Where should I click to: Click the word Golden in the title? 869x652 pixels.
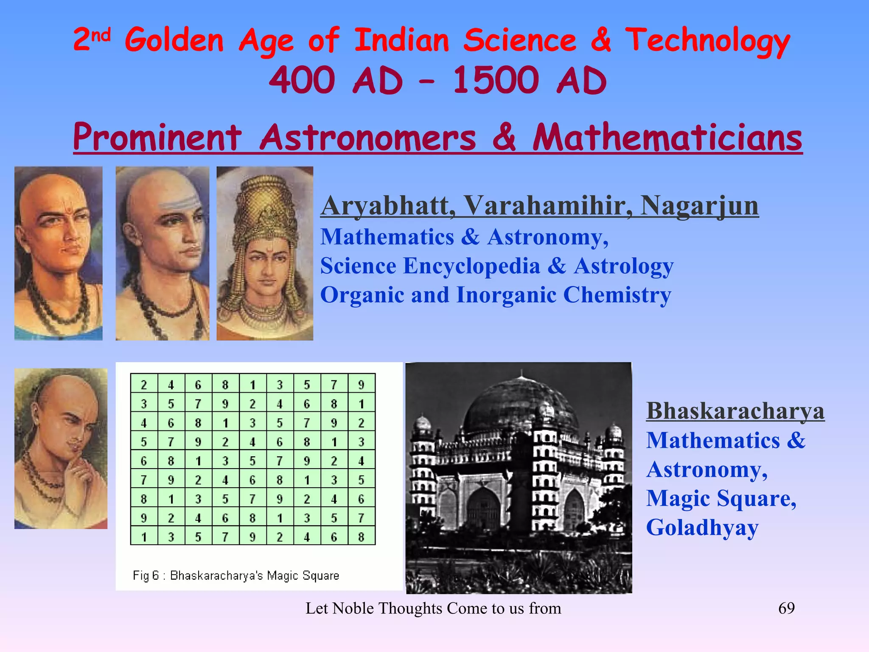coord(174,40)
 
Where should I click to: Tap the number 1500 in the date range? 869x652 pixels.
coord(496,81)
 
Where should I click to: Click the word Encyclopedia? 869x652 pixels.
coord(471,267)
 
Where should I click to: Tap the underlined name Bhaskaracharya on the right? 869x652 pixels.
coord(735,411)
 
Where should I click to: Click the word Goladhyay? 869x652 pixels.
coord(702,528)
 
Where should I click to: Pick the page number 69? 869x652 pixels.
coord(786,608)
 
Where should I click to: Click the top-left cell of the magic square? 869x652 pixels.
coord(144,384)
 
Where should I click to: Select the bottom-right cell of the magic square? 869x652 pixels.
coord(361,537)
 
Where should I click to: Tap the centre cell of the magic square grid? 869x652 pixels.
coord(252,461)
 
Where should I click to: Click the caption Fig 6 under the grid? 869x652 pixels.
coord(146,576)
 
